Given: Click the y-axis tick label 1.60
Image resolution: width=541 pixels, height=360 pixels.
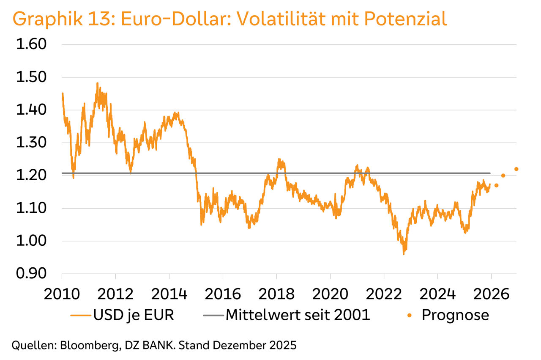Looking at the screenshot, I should click(x=31, y=44).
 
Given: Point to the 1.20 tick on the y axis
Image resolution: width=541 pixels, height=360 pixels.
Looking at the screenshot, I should click(x=31, y=176).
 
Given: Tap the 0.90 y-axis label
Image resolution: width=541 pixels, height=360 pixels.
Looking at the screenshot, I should click(x=31, y=274).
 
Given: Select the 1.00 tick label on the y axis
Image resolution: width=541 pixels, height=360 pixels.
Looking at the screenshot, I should click(x=31, y=241).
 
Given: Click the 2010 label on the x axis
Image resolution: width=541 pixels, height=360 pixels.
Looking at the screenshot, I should click(x=62, y=294).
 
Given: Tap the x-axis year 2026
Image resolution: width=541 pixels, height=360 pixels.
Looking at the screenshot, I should click(x=491, y=294).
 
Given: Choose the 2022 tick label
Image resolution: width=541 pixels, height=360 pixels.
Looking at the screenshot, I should click(x=383, y=294).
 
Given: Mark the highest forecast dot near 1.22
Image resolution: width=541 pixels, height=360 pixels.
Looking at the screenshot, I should click(x=516, y=169).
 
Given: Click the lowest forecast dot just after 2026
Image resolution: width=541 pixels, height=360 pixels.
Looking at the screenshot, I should click(x=497, y=185).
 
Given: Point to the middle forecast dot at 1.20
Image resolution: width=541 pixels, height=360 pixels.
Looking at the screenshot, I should click(x=503, y=176).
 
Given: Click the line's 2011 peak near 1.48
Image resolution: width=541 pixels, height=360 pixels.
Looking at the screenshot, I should click(x=97, y=83).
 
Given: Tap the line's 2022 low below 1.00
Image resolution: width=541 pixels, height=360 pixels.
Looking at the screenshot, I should click(x=404, y=254).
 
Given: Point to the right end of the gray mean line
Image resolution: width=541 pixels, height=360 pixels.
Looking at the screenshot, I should click(x=490, y=173).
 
